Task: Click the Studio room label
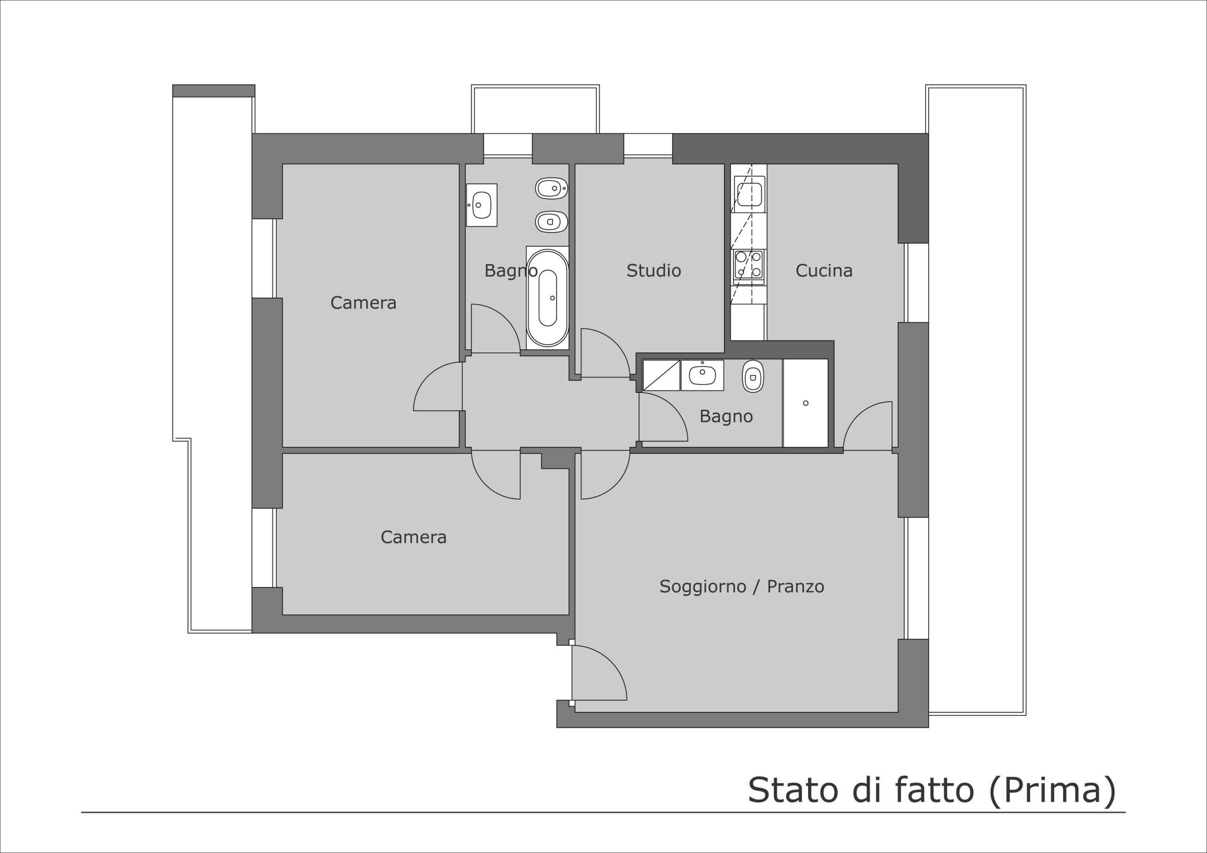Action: (x=653, y=271)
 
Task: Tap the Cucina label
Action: (x=824, y=271)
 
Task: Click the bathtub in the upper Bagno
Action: (x=547, y=297)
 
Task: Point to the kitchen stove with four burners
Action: (x=749, y=264)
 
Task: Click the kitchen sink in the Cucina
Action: (x=749, y=194)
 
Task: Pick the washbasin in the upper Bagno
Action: (x=481, y=205)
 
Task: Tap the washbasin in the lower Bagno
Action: (x=703, y=375)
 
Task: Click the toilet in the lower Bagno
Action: (x=753, y=376)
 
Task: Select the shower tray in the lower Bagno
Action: (x=805, y=403)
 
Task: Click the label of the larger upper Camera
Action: (x=363, y=303)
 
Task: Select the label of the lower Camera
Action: (x=413, y=537)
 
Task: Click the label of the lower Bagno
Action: (x=726, y=417)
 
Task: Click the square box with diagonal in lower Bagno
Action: (x=661, y=375)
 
